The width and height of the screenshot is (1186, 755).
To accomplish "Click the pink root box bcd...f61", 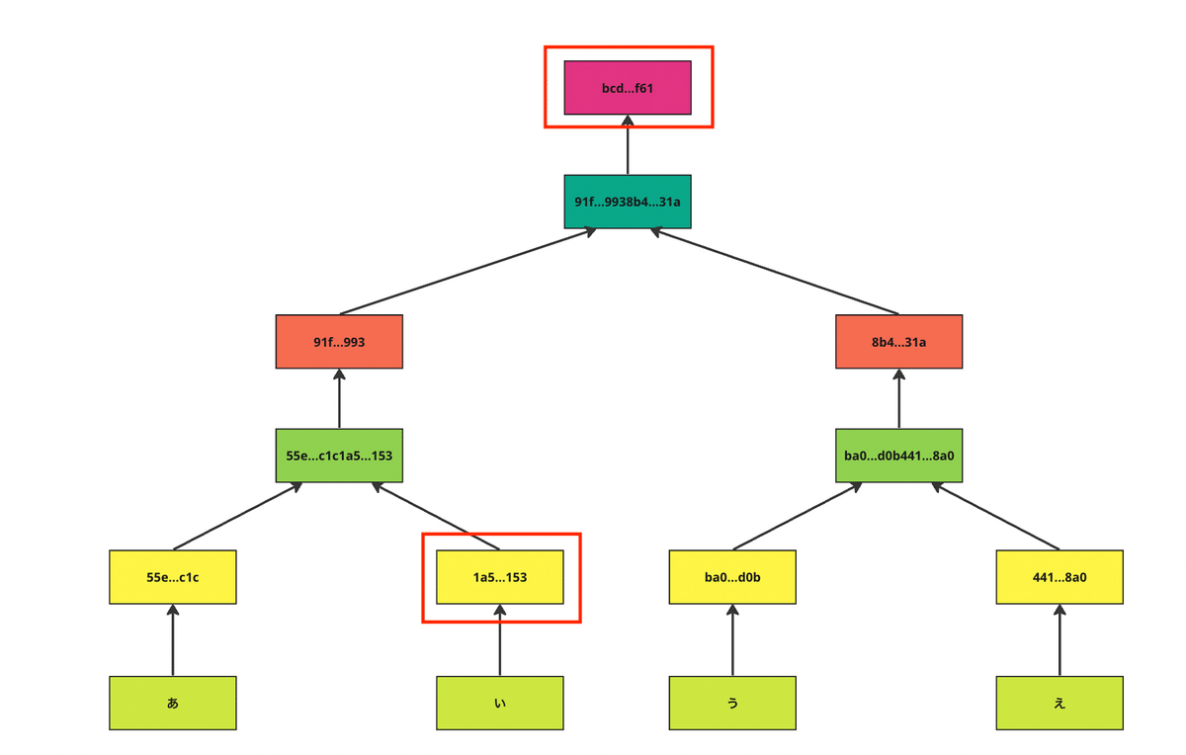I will click(628, 88).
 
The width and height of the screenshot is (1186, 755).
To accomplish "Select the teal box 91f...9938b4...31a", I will click(628, 202).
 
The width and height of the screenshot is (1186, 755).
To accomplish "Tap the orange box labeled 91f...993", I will click(339, 342).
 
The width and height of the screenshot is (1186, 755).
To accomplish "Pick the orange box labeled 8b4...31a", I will click(898, 342).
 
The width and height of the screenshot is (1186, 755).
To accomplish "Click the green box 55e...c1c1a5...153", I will click(339, 456).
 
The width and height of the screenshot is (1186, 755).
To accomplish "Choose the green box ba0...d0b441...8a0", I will click(898, 456).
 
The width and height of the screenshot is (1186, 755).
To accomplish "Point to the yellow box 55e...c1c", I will click(173, 577).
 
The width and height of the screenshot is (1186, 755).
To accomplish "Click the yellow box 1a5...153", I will click(500, 577).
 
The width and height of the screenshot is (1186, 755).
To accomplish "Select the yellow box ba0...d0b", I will click(732, 577).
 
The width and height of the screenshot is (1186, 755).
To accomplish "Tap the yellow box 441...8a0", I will click(1059, 577).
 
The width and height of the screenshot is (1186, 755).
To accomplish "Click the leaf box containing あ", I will click(173, 703).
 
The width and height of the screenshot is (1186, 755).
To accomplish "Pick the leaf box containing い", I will click(500, 703).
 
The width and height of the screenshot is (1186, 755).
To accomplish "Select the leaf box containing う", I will click(732, 703).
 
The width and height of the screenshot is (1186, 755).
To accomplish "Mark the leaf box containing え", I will click(1059, 703).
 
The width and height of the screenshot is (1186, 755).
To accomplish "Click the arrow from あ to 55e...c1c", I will click(173, 640).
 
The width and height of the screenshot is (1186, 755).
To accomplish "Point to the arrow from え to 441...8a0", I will click(1059, 640).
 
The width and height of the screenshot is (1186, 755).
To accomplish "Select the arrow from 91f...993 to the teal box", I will click(468, 272).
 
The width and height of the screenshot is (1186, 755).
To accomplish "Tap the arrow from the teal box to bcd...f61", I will click(628, 145).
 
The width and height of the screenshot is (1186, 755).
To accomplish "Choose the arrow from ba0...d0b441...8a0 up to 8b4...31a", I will click(898, 399).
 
